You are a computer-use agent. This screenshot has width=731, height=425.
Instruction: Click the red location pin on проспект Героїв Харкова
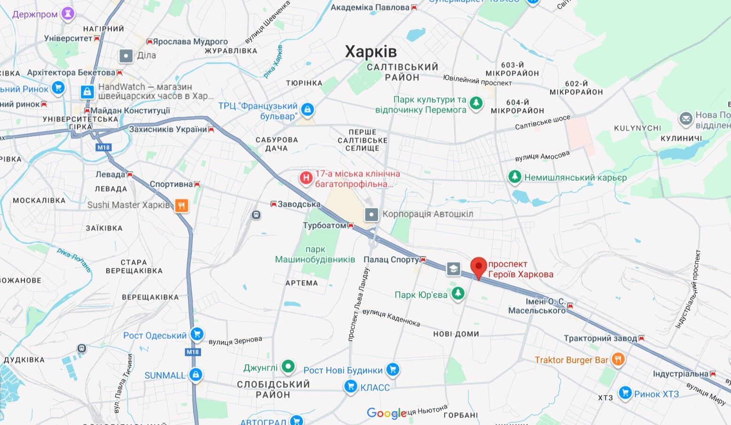pyautogui.click(x=478, y=267)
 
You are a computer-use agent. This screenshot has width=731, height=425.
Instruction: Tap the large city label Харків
pyautogui.click(x=371, y=52)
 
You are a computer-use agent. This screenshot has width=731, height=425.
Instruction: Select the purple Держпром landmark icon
pyautogui.click(x=68, y=14)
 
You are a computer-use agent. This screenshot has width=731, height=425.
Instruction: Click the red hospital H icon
pyautogui.click(x=306, y=178)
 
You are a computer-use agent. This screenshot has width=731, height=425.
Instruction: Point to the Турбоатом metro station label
pyautogui.click(x=325, y=226)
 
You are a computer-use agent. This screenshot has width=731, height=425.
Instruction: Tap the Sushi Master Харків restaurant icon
pyautogui.click(x=181, y=205)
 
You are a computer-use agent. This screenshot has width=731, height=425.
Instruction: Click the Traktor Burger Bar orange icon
pyautogui.click(x=618, y=360)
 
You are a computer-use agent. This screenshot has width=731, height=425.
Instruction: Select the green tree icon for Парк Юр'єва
pyautogui.click(x=458, y=294)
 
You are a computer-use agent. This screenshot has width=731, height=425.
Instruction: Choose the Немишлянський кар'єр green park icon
pyautogui.click(x=515, y=177)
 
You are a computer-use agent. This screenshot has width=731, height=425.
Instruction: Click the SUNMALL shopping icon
pyautogui.click(x=196, y=375)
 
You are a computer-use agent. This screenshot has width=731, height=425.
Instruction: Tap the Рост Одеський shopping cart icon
pyautogui.click(x=197, y=334)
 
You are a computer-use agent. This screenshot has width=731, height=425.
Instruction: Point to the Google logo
pyautogui.click(x=386, y=413)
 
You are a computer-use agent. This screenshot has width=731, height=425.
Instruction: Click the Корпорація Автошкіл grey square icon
pyautogui.click(x=372, y=214)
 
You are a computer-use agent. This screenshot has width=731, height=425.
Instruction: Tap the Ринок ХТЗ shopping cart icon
pyautogui.click(x=625, y=393)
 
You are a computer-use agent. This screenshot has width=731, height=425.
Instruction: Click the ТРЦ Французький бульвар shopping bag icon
pyautogui.click(x=307, y=110)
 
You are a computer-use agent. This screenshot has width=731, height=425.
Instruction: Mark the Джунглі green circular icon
pyautogui.click(x=288, y=367)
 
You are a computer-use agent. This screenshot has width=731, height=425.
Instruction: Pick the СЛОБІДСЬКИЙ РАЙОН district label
pyautogui.click(x=273, y=389)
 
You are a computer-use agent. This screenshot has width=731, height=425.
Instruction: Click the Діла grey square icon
pyautogui.click(x=126, y=56)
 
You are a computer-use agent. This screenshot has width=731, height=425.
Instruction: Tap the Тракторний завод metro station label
pyautogui.click(x=600, y=338)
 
